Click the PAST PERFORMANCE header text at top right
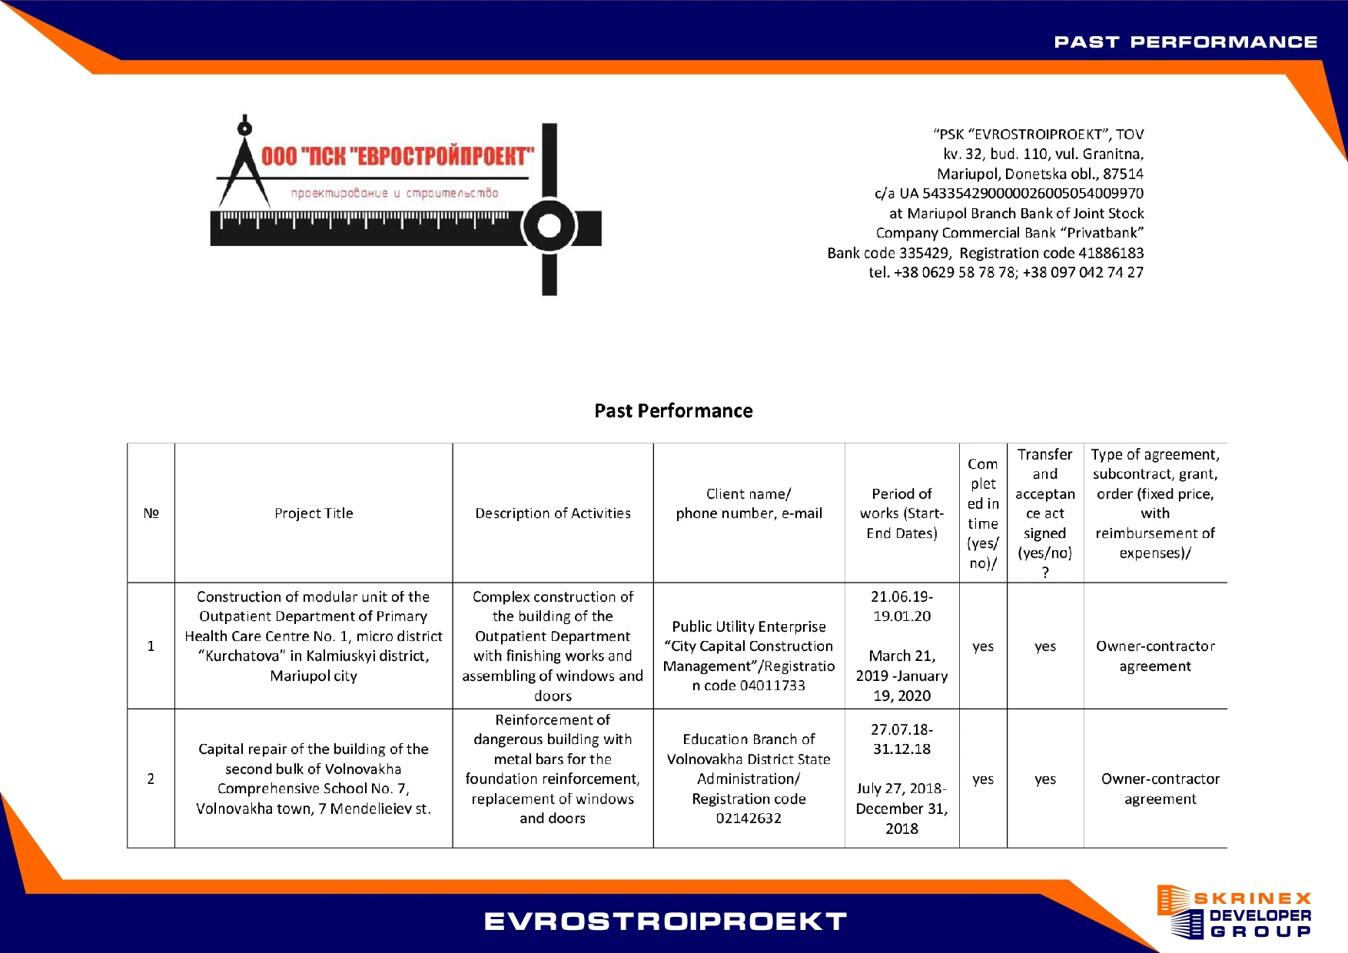[x=1185, y=42]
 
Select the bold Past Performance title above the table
[x=673, y=411]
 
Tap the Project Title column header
[x=314, y=513]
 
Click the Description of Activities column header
[x=553, y=513]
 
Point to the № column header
[x=151, y=513]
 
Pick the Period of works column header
[x=901, y=513]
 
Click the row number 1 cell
[x=151, y=646]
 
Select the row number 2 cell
[x=151, y=779]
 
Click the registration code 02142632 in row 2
[x=749, y=819]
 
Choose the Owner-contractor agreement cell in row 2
[x=1160, y=789]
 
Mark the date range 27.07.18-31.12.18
[x=901, y=739]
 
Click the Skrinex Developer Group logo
[x=1234, y=912]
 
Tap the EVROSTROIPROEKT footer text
[x=666, y=921]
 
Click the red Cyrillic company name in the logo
[x=397, y=157]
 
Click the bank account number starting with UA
[x=1032, y=194]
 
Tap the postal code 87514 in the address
[x=1123, y=174]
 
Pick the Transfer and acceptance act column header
[x=1044, y=513]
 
